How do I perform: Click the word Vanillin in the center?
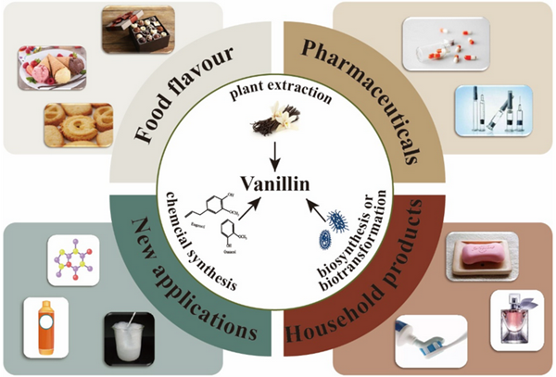point(278,182)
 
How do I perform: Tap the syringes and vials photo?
point(494,111)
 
